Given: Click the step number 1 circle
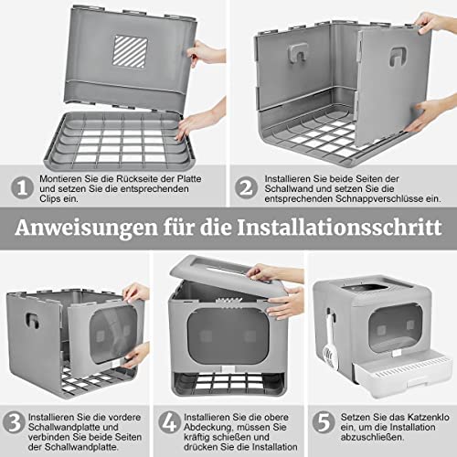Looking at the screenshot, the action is click(22, 187).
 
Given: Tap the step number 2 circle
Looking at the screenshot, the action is click(246, 187).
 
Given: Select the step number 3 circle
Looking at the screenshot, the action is click(14, 422).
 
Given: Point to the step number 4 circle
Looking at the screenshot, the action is click(170, 422).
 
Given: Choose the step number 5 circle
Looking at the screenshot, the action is click(324, 422).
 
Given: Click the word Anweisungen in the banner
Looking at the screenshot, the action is click(86, 228).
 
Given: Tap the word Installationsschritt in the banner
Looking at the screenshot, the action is click(339, 228).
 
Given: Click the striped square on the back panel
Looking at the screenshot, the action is click(131, 51).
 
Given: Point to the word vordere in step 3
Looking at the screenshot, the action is click(124, 417).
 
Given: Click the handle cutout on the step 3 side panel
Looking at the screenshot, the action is click(32, 320).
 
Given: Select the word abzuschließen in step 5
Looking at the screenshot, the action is click(372, 437).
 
